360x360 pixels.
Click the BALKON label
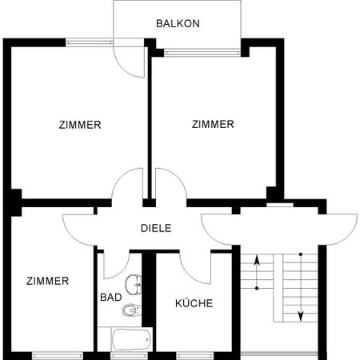pos(177,24)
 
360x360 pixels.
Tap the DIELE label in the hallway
pos(157,228)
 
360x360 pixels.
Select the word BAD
pos(110,297)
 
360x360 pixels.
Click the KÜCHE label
pos(194,303)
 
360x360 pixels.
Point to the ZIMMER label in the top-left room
pos(79,125)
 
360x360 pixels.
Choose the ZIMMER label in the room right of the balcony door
pos(213,124)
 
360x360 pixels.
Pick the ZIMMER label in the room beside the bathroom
pos(47,281)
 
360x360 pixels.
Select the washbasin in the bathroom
pos(134,283)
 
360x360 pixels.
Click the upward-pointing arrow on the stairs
pos(256,272)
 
